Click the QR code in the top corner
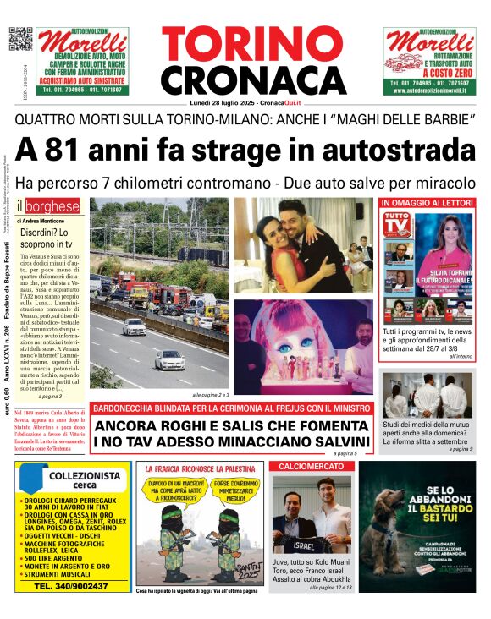coord(20,39)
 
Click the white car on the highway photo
coord(168,361)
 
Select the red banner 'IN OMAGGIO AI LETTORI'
coord(427,203)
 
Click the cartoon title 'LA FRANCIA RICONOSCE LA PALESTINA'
coord(201,468)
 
